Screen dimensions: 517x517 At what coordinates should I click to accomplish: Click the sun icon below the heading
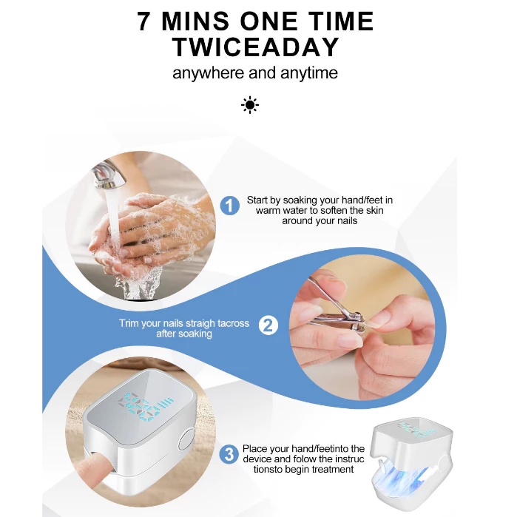[250, 105]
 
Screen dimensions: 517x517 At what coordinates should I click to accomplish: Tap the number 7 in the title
[143, 21]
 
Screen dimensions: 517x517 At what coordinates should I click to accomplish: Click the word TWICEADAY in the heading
[256, 47]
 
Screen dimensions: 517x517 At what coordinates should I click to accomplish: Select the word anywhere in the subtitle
[209, 73]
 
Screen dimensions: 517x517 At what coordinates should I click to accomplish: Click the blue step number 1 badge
[230, 206]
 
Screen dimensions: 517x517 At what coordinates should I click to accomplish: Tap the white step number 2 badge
[268, 325]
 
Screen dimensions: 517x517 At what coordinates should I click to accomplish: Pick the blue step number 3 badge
[229, 454]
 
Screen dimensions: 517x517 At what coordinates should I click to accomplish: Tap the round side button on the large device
[187, 439]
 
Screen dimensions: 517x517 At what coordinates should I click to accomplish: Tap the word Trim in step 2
[129, 323]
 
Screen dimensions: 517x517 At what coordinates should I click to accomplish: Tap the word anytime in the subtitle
[309, 73]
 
